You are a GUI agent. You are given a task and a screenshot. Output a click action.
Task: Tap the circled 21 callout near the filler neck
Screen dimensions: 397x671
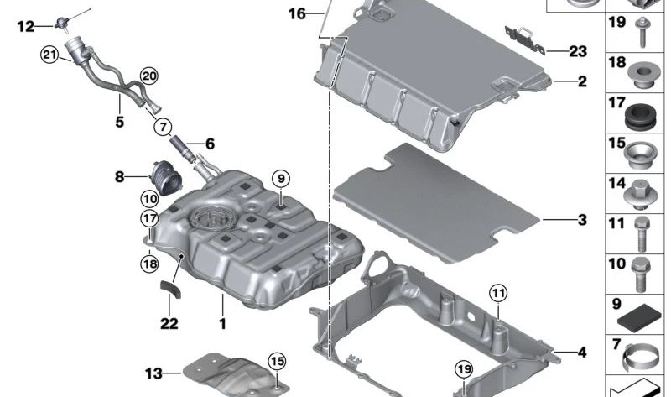[x=49, y=55]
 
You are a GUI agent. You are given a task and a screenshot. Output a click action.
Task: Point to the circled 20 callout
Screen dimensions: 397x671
[x=148, y=76]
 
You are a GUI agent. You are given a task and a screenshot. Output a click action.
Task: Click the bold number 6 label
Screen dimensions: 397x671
[x=210, y=144]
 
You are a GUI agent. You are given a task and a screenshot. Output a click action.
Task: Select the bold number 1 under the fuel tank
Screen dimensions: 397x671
[x=222, y=322]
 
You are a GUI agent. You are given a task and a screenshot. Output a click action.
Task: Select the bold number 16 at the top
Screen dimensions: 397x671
[x=297, y=13]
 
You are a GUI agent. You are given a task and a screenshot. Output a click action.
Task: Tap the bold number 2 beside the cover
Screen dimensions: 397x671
[x=581, y=82]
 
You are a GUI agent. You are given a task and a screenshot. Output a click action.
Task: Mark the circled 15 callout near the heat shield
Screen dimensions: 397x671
[x=277, y=362]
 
